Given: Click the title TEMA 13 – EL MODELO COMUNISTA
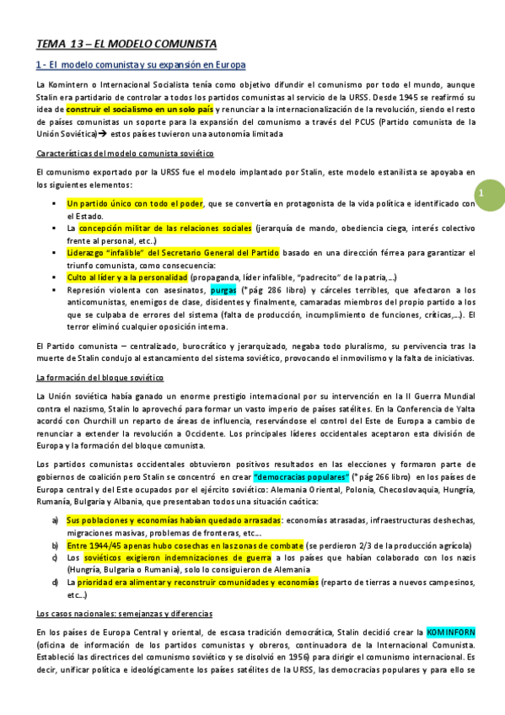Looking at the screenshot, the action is tap(126, 44).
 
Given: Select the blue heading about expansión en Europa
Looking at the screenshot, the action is tap(141, 65).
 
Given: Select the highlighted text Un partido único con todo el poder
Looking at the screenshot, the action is tap(135, 203).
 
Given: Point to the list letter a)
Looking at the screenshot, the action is tap(56, 520).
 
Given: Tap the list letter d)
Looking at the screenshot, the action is tap(56, 582).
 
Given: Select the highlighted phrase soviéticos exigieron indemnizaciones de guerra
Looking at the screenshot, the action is tap(175, 557).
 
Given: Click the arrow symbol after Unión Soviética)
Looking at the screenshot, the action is tap(100, 133).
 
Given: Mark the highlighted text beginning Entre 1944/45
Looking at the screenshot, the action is tap(185, 545).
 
